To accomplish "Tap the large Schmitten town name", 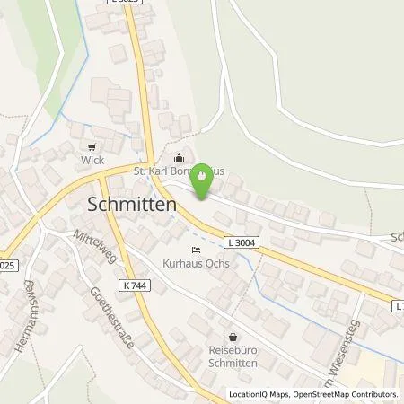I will point(131,204).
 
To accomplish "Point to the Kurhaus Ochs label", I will point(198,264).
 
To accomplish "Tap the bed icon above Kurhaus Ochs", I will point(197,250).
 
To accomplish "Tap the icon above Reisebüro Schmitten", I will point(231,335).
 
